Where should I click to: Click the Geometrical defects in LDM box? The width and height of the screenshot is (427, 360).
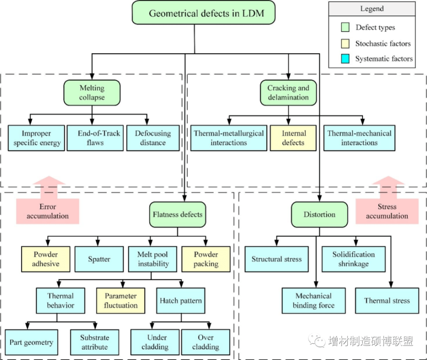pos(206,13)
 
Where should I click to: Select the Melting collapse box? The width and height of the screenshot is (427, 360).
pos(92,93)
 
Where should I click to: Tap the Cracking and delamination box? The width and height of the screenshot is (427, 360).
pos(288,93)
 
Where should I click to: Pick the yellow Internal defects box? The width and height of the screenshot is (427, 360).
pos(293,138)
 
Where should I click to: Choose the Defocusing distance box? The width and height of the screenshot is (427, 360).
pos(152,138)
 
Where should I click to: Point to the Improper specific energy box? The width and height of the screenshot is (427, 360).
pos(37,138)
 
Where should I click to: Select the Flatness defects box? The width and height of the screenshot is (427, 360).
pos(177,214)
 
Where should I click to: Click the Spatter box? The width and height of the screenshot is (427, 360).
pos(99,259)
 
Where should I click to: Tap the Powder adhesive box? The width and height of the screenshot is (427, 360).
pos(45,259)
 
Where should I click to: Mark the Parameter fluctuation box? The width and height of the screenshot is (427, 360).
pos(121,301)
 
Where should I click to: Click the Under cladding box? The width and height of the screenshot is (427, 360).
pos(155,342)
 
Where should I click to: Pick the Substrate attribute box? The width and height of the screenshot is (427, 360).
pos(94,342)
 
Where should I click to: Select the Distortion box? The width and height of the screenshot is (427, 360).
pos(319,214)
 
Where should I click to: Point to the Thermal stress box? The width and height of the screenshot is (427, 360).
pos(387,301)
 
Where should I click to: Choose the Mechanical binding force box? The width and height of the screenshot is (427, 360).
pos(313,301)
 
